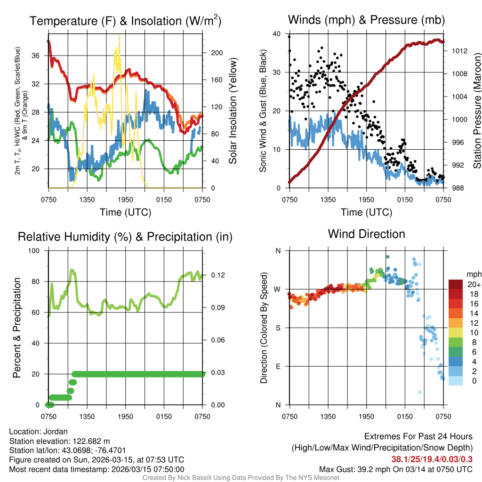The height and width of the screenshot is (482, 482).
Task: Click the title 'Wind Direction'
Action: (366, 234)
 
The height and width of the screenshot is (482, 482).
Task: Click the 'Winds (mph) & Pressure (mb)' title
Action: (366, 20)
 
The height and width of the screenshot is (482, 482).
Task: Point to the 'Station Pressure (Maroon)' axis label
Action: (476, 111)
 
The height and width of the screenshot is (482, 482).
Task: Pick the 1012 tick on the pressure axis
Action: (457, 51)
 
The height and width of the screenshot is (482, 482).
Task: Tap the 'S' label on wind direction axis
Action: (278, 328)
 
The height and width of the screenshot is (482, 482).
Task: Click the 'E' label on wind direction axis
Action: (278, 366)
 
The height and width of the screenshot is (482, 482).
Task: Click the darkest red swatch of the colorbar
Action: (455, 284)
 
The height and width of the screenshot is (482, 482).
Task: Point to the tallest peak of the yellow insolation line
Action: (119, 35)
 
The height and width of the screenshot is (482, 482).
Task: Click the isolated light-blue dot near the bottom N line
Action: (419, 392)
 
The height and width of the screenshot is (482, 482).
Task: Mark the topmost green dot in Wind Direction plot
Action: (387, 257)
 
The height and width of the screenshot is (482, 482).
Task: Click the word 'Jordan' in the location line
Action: (57, 432)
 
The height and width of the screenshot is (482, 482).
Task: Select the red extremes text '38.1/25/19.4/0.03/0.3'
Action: (432, 459)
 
